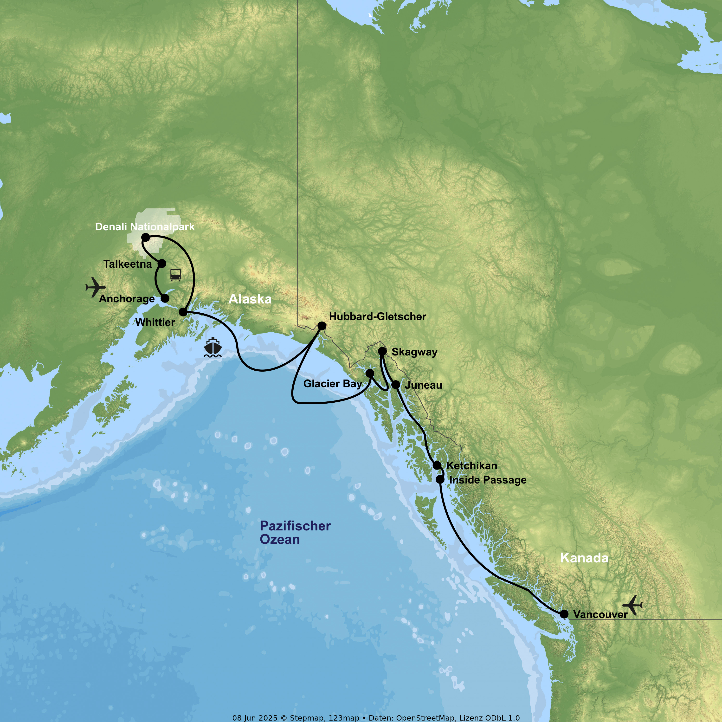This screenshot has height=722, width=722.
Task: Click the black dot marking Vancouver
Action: (x=564, y=614)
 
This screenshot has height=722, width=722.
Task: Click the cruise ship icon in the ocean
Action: (x=213, y=347)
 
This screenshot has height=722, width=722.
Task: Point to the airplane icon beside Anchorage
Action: (x=95, y=287)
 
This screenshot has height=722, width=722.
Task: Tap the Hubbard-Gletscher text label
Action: (x=377, y=316)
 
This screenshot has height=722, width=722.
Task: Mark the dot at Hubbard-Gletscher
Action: (x=322, y=326)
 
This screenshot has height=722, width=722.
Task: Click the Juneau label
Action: (x=423, y=385)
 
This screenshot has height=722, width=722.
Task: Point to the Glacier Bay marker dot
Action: (x=370, y=373)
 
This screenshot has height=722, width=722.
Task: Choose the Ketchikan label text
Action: (x=472, y=466)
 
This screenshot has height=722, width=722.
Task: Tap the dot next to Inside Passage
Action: (x=440, y=479)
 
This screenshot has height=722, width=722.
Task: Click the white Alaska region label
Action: (x=250, y=299)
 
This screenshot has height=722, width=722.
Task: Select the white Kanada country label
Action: (x=584, y=558)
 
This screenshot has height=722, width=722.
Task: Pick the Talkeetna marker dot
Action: (x=162, y=264)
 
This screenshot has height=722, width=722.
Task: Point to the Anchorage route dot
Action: (x=165, y=298)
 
